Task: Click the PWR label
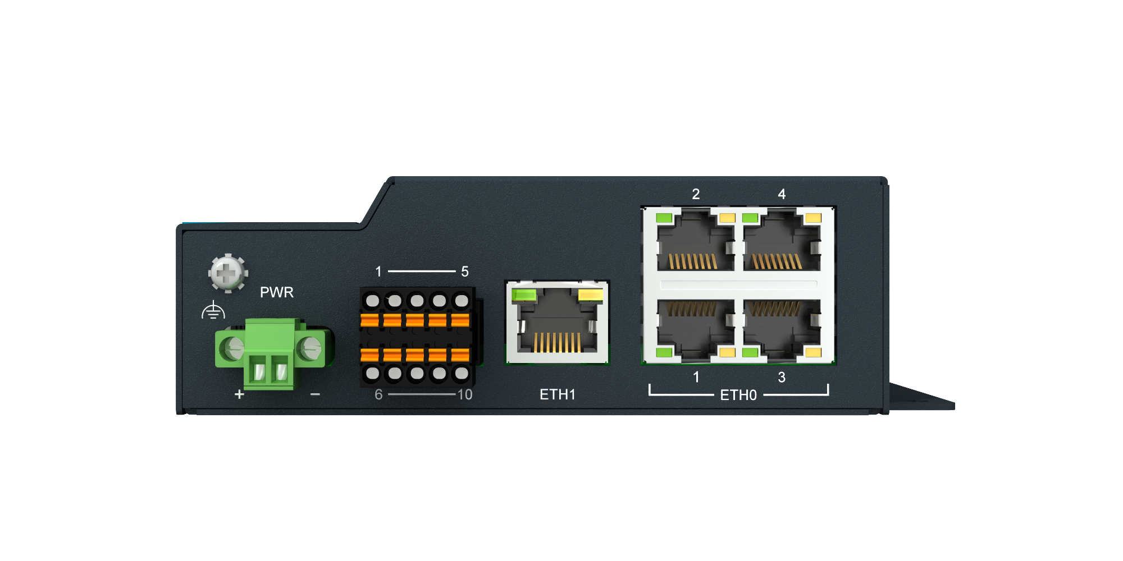276,292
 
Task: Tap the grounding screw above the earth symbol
227,273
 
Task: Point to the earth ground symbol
213,310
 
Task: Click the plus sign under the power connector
239,394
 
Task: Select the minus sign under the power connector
315,394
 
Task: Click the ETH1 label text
557,394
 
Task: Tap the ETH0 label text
738,395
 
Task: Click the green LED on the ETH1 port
524,295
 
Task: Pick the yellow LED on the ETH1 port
590,295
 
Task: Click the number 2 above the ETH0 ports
696,194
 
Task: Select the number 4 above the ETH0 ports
782,194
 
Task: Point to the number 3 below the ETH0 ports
782,377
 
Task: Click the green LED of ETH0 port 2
664,218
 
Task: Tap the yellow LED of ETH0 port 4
813,218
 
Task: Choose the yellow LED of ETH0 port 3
813,352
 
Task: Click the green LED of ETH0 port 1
664,352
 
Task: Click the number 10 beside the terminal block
464,394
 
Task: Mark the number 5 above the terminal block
464,272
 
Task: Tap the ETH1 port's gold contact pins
557,342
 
